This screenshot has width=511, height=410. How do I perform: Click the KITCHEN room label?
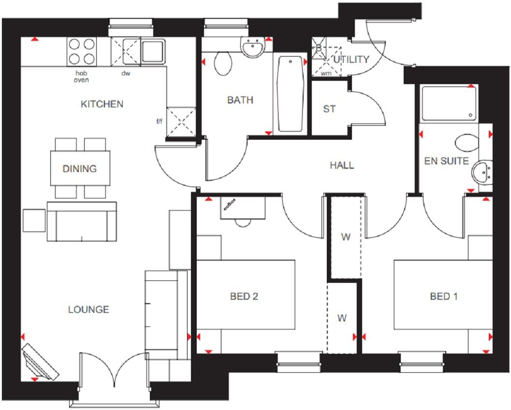point(102,104)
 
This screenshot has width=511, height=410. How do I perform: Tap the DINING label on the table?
point(79,169)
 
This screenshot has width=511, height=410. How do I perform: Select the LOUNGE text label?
point(88,309)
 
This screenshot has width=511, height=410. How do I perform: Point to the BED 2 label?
point(244,296)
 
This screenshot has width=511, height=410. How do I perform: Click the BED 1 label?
point(443,296)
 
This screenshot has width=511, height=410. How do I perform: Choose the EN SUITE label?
point(446,161)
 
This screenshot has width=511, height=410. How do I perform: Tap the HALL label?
point(342,165)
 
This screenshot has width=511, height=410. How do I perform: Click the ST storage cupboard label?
point(329,109)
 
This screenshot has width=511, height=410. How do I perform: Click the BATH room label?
point(240,100)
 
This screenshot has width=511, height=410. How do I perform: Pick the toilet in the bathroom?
point(222,63)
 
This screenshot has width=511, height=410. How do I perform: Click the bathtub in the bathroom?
point(290,93)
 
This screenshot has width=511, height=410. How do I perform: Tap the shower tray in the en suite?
point(449,103)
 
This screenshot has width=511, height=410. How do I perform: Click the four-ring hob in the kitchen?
point(81,52)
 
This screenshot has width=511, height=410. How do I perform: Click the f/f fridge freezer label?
point(160,121)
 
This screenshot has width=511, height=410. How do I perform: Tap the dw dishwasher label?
point(126,73)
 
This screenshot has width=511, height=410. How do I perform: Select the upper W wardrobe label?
point(345,237)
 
